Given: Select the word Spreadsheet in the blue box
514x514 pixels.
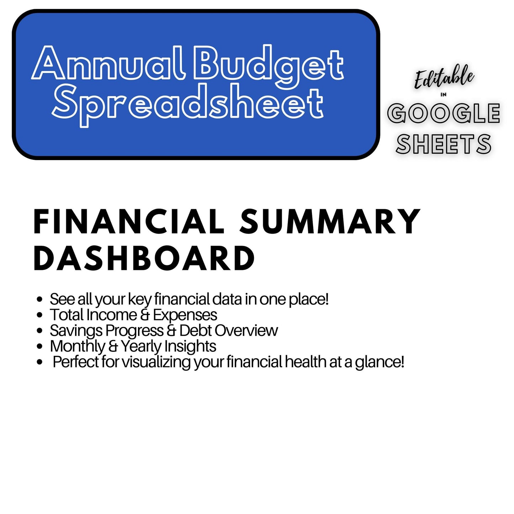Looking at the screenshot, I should click(x=187, y=104).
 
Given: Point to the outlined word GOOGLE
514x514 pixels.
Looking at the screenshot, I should click(x=444, y=113).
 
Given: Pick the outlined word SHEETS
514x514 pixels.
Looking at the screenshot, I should click(x=444, y=144).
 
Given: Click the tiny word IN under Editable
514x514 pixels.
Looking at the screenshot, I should click(x=443, y=95).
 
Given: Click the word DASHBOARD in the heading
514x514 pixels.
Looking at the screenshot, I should click(x=144, y=258).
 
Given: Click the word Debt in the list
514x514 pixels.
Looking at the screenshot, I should click(x=195, y=330).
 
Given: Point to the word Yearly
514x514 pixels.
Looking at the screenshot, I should click(x=141, y=346).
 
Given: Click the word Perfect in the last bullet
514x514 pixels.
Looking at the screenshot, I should click(x=75, y=362).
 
